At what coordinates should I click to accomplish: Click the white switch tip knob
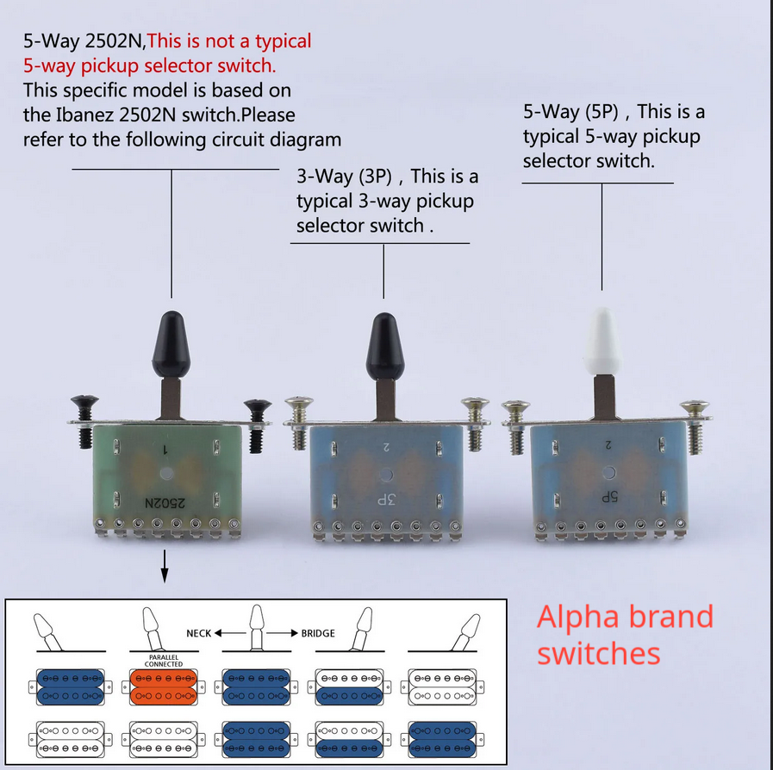coord(603,342)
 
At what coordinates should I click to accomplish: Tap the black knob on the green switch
coord(171,345)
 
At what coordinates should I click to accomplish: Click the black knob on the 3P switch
coord(385,346)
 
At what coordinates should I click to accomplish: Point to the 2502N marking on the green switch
coord(165,503)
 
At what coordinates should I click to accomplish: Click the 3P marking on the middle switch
coord(386,500)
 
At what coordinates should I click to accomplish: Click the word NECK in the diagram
coord(199,633)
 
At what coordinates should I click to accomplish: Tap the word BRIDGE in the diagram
coord(318,633)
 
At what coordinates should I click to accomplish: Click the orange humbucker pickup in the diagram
coord(164,686)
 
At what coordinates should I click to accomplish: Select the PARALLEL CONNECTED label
coord(164,661)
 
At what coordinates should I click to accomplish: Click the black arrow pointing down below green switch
coord(165,567)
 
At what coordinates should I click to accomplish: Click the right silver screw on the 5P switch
coord(695,426)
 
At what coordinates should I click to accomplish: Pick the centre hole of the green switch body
coord(166,474)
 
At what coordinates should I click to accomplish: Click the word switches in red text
coord(598,654)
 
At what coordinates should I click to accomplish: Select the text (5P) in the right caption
coord(602,112)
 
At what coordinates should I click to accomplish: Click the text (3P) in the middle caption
coord(375,177)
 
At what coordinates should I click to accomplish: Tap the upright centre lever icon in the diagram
coord(257,628)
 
